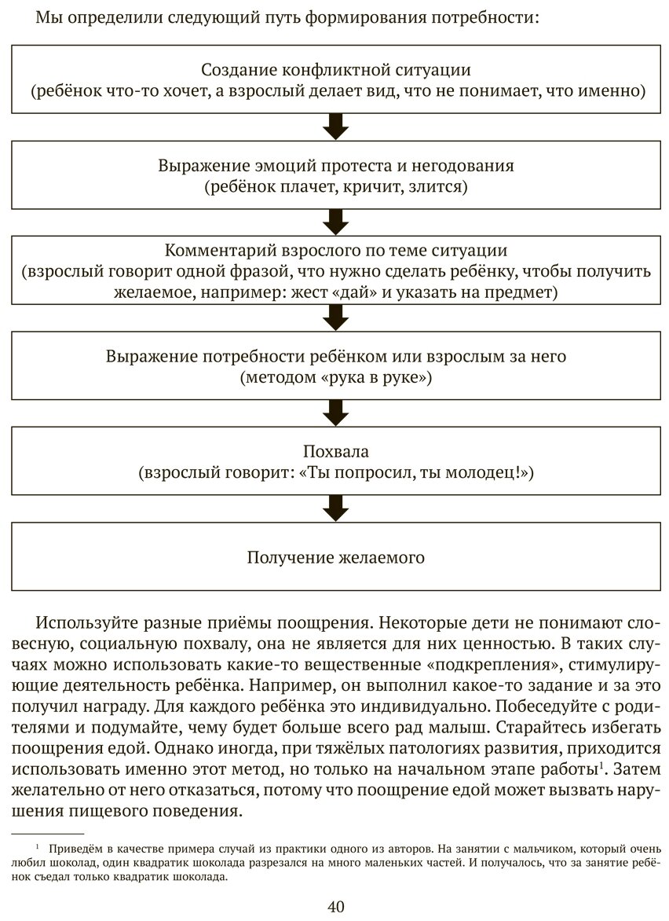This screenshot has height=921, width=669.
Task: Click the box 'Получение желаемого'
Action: click(335, 558)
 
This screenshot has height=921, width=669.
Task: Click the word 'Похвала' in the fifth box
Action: click(335, 453)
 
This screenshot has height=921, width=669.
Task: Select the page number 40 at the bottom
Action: click(335, 906)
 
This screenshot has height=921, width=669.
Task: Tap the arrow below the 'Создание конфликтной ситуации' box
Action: click(335, 125)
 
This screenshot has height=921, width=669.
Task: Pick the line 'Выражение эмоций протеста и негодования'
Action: click(335, 167)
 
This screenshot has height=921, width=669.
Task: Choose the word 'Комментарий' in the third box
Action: click(216, 251)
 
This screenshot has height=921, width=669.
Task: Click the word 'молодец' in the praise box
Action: click(484, 474)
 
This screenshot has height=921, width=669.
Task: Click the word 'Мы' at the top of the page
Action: click(48, 17)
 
